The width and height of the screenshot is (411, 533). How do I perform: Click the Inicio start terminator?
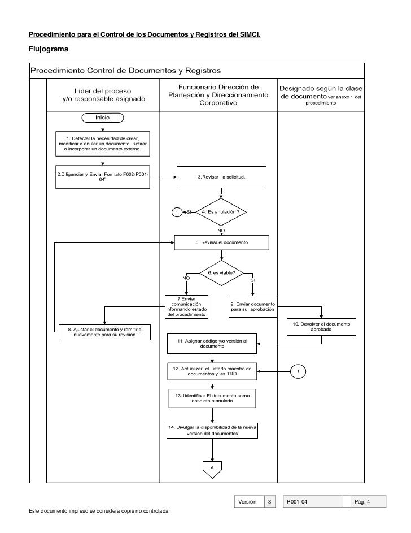[102, 118]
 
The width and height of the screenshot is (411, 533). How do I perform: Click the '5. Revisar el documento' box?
[221, 242]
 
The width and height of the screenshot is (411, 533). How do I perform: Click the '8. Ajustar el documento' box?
[105, 331]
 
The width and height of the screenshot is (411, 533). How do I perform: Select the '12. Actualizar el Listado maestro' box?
[212, 371]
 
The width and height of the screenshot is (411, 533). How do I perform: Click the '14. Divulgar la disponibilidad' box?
[212, 431]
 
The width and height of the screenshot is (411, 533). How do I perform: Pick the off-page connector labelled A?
[212, 469]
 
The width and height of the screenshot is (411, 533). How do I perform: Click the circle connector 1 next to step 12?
[298, 371]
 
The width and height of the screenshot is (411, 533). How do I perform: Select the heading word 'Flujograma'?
[49, 50]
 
